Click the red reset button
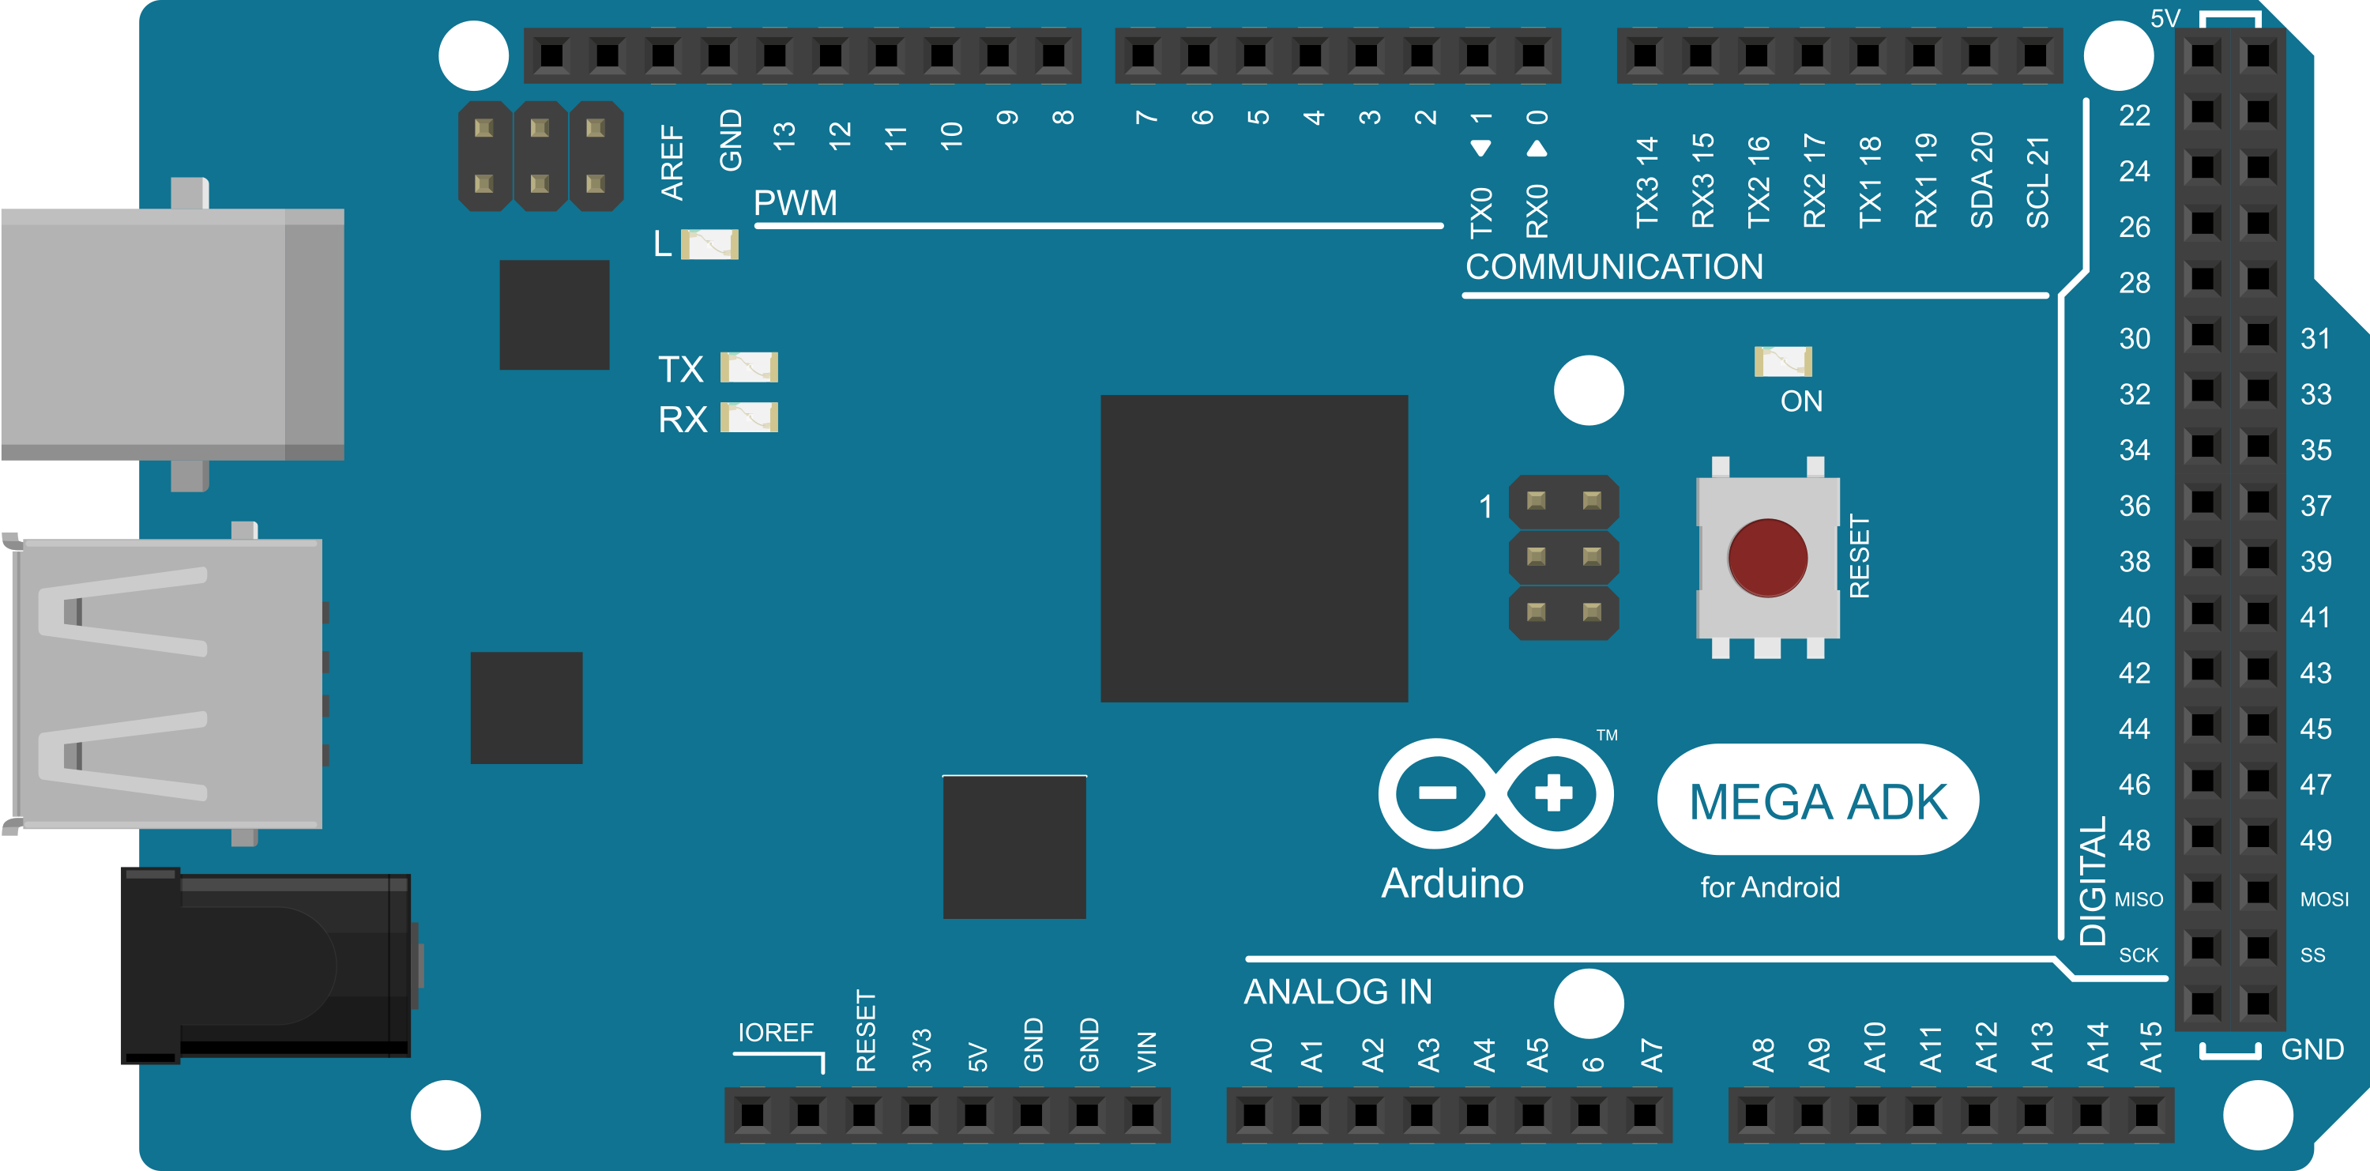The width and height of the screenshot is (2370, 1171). point(1767,557)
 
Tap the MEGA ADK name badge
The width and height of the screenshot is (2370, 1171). point(1818,801)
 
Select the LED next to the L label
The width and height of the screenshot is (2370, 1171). point(709,245)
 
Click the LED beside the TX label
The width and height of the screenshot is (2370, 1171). point(749,368)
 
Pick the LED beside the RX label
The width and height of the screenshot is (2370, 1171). point(749,418)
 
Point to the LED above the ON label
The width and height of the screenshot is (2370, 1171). point(1783,362)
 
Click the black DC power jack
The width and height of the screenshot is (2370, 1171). point(267,966)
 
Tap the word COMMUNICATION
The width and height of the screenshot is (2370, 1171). point(1615,268)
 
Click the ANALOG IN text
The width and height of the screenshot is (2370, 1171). point(1337,992)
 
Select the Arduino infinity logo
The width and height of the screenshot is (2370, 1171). point(1496,793)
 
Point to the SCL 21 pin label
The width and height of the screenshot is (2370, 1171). point(2038,183)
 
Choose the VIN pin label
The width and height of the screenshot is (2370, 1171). point(1146,1052)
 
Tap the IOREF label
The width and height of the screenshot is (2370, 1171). point(776,1033)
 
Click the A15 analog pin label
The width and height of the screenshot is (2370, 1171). point(2151,1048)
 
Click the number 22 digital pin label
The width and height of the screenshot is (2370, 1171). point(2135,116)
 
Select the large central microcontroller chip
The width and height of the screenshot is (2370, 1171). point(1254,548)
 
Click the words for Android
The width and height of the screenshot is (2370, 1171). point(1770,887)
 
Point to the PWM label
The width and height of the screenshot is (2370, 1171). point(795,203)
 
